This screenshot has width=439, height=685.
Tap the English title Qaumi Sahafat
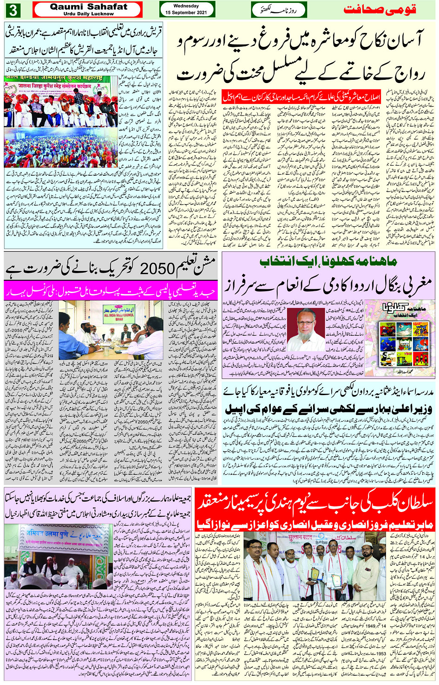pyautogui.click(x=88, y=6)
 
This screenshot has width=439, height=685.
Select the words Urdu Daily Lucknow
pyautogui.click(x=88, y=14)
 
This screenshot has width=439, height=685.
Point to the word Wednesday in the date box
pyautogui.click(x=186, y=6)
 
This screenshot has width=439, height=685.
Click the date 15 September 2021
pyautogui.click(x=186, y=13)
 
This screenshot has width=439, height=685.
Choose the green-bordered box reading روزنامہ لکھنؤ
pyautogui.click(x=273, y=9)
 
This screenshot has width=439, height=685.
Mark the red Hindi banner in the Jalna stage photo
pyautogui.click(x=59, y=86)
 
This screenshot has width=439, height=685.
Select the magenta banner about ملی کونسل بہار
pyautogui.click(x=111, y=290)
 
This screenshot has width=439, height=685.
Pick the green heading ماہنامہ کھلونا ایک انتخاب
pyautogui.click(x=328, y=261)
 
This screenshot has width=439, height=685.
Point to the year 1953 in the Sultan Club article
pyautogui.click(x=381, y=653)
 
